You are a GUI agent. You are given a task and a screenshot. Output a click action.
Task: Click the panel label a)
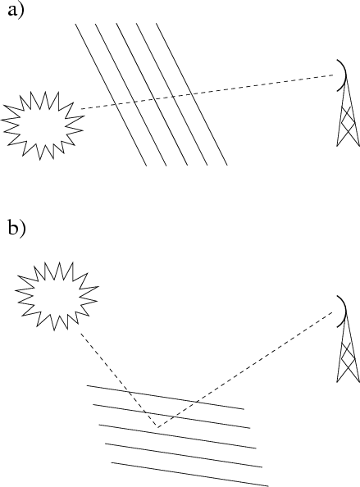(16, 11)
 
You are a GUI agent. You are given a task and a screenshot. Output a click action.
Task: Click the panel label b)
(16, 230)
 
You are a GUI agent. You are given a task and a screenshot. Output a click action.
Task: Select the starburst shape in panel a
(43, 125)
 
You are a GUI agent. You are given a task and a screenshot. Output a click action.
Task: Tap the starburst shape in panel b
(57, 296)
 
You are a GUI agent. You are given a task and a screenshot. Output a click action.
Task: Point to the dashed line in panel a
(207, 92)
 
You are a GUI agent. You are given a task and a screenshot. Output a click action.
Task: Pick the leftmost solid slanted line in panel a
(111, 95)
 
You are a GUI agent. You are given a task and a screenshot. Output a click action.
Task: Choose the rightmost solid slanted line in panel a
(192, 94)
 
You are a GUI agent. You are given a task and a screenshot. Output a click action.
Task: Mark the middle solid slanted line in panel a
(153, 94)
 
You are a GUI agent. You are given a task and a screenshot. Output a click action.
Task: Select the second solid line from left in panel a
(130, 95)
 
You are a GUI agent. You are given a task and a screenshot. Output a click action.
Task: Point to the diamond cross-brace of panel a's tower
(347, 122)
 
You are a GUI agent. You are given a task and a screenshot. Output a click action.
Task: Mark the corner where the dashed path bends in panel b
(157, 427)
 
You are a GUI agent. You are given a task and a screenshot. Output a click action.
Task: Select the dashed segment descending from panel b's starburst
(119, 380)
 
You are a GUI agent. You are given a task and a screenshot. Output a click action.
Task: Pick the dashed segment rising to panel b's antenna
(245, 370)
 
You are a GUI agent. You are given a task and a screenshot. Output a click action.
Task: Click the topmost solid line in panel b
(166, 398)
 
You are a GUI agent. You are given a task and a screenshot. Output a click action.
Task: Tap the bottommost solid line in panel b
(189, 475)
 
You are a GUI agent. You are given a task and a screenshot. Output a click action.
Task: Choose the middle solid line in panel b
(178, 436)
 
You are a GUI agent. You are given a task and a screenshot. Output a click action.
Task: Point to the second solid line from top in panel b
(171, 416)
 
